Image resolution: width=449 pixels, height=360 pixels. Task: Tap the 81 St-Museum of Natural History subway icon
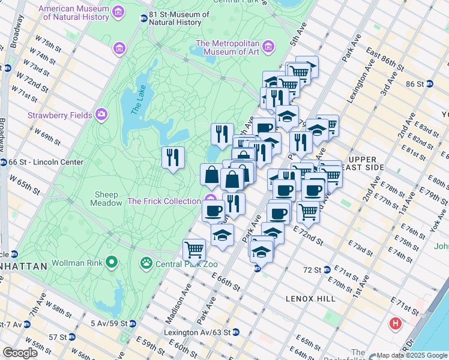pos(143,19)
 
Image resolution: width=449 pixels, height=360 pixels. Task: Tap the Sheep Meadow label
pos(107,199)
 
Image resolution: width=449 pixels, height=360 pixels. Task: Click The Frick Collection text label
pos(164,201)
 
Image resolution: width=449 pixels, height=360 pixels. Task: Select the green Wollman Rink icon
pos(111,262)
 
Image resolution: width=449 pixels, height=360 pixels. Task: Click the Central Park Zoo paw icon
pos(145,262)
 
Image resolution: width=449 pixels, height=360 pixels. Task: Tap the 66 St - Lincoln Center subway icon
pos(4,162)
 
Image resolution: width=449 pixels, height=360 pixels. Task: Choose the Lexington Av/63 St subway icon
pos(236,332)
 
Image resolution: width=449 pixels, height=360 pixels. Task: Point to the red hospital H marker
pos(395,324)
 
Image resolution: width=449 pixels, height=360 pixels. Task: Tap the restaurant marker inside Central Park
pos(173,158)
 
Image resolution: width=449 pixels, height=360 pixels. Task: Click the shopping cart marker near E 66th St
pos(194,249)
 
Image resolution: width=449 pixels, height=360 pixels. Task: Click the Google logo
pos(20,353)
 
